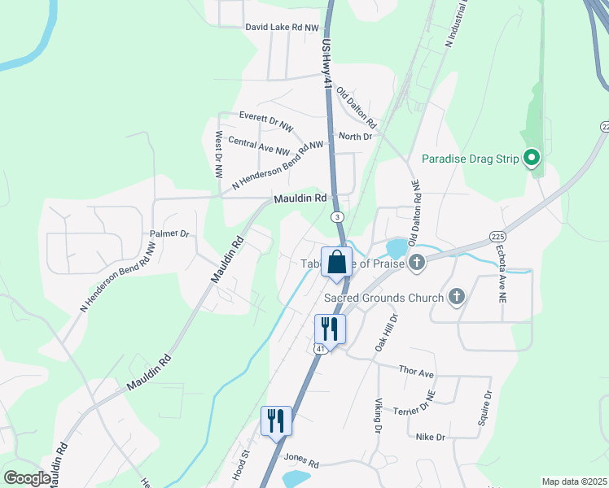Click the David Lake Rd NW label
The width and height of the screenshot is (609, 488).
[283, 28]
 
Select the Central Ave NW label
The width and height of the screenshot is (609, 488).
[259, 146]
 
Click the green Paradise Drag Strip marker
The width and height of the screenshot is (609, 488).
[532, 157]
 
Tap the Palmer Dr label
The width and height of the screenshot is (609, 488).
[169, 233]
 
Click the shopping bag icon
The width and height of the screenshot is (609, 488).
[336, 263]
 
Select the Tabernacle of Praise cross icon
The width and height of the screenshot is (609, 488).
[417, 262]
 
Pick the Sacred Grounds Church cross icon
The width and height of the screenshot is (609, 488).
[456, 297]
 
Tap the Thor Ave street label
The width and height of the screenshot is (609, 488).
[417, 372]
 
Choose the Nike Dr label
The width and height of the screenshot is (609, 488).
[429, 437]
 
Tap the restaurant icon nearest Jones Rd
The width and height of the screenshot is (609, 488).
[276, 420]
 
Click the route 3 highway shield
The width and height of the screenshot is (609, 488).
[336, 217]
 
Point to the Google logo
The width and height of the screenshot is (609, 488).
[27, 478]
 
